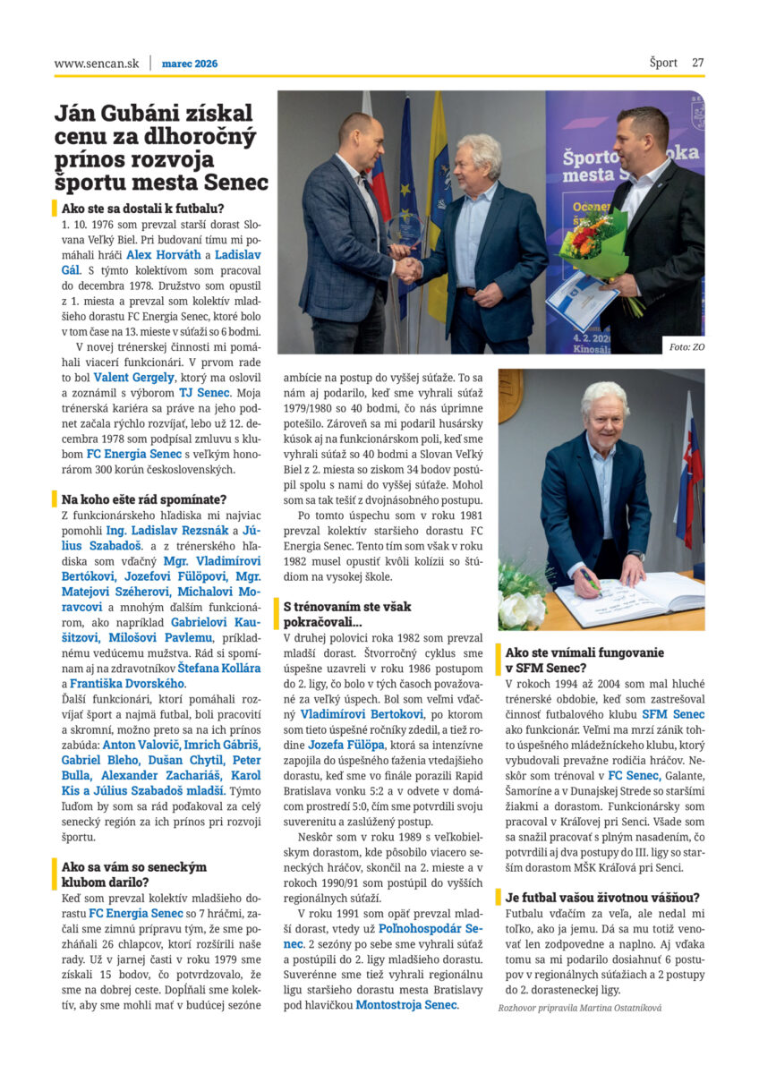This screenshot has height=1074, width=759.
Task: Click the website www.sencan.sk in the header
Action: tap(97, 64)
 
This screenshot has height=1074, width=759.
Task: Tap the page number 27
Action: tap(697, 63)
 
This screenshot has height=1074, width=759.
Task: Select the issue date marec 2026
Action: tap(190, 64)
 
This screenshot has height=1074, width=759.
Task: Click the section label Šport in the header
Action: tap(663, 63)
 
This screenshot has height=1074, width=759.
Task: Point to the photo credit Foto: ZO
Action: tap(686, 345)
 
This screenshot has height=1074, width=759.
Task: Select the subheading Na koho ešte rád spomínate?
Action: tap(144, 499)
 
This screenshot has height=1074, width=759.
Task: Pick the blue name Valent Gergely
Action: tap(134, 379)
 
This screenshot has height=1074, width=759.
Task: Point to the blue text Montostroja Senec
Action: tap(407, 1004)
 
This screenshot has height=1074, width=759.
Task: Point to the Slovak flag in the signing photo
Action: tap(689, 474)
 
